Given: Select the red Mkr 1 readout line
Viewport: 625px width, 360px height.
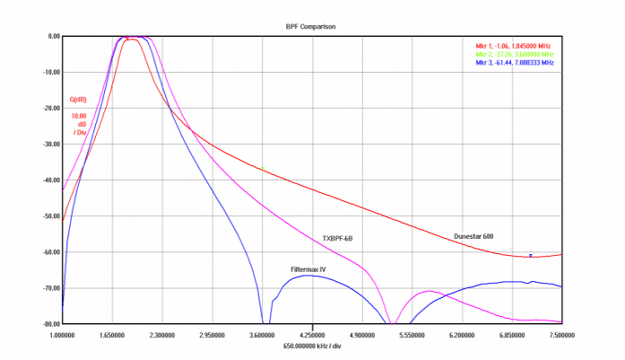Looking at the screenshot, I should (x=514, y=45).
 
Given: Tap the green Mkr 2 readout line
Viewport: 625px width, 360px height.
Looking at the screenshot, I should (x=514, y=54).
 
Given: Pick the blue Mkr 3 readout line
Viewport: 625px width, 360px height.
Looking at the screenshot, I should (x=514, y=64).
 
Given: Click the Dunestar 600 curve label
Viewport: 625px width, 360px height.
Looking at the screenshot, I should (x=474, y=236).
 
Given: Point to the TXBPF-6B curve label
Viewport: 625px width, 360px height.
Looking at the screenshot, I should (x=338, y=238).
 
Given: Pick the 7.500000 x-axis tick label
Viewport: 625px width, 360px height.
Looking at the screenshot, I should (x=561, y=334).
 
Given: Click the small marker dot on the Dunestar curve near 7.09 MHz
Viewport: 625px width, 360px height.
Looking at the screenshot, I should (x=531, y=255).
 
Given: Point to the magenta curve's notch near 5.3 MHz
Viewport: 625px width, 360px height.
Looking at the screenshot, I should (x=392, y=321).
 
